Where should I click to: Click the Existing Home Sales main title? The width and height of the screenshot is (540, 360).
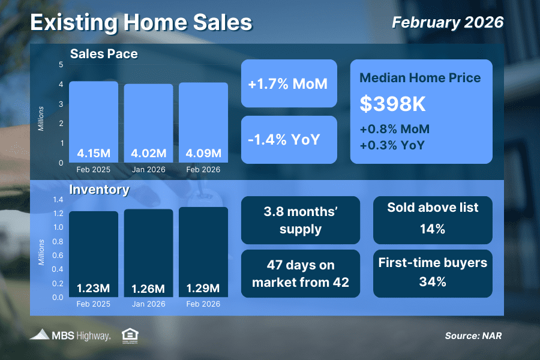(141, 22)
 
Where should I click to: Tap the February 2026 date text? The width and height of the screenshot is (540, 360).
(447, 22)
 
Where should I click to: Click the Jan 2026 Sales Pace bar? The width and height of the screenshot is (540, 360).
(148, 123)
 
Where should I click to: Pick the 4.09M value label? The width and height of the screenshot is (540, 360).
(203, 154)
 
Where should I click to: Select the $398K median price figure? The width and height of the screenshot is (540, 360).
(392, 104)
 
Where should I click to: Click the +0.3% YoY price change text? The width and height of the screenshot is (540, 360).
(392, 145)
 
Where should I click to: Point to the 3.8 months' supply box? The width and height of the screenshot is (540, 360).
(300, 220)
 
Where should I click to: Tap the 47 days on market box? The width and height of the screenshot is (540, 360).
(300, 274)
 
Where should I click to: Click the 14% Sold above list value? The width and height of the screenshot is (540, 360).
(433, 229)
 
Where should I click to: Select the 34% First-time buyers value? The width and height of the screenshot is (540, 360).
(433, 281)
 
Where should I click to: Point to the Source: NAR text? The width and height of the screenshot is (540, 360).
(473, 335)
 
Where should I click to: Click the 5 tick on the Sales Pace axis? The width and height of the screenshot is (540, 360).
(61, 65)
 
